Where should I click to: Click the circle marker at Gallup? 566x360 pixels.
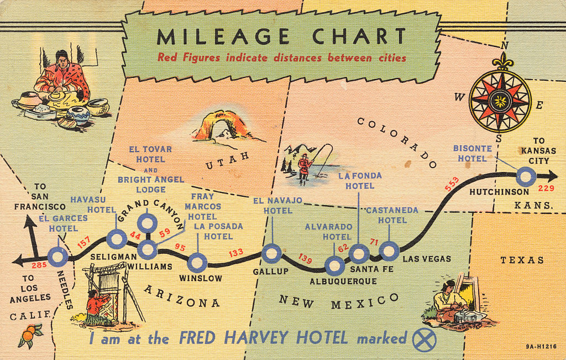pos(271,253)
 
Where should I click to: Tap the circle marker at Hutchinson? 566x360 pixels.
pos(526,177)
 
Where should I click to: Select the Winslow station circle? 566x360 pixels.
pos(197,263)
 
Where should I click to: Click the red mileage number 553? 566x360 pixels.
pos(452,186)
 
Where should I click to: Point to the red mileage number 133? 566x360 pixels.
pos(236,253)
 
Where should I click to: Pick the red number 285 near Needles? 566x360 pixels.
pos(39,265)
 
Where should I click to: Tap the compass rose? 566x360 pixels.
pos(501,100)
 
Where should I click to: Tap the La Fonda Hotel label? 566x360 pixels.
pos(360,181)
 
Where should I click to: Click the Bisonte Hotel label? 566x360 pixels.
pos(470,153)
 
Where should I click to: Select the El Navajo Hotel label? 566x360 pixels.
pos(277,205)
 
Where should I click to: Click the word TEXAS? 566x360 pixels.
pos(522,260)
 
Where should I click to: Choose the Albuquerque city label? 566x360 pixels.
pos(343,281)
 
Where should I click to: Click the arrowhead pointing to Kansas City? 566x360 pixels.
pos(552,176)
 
